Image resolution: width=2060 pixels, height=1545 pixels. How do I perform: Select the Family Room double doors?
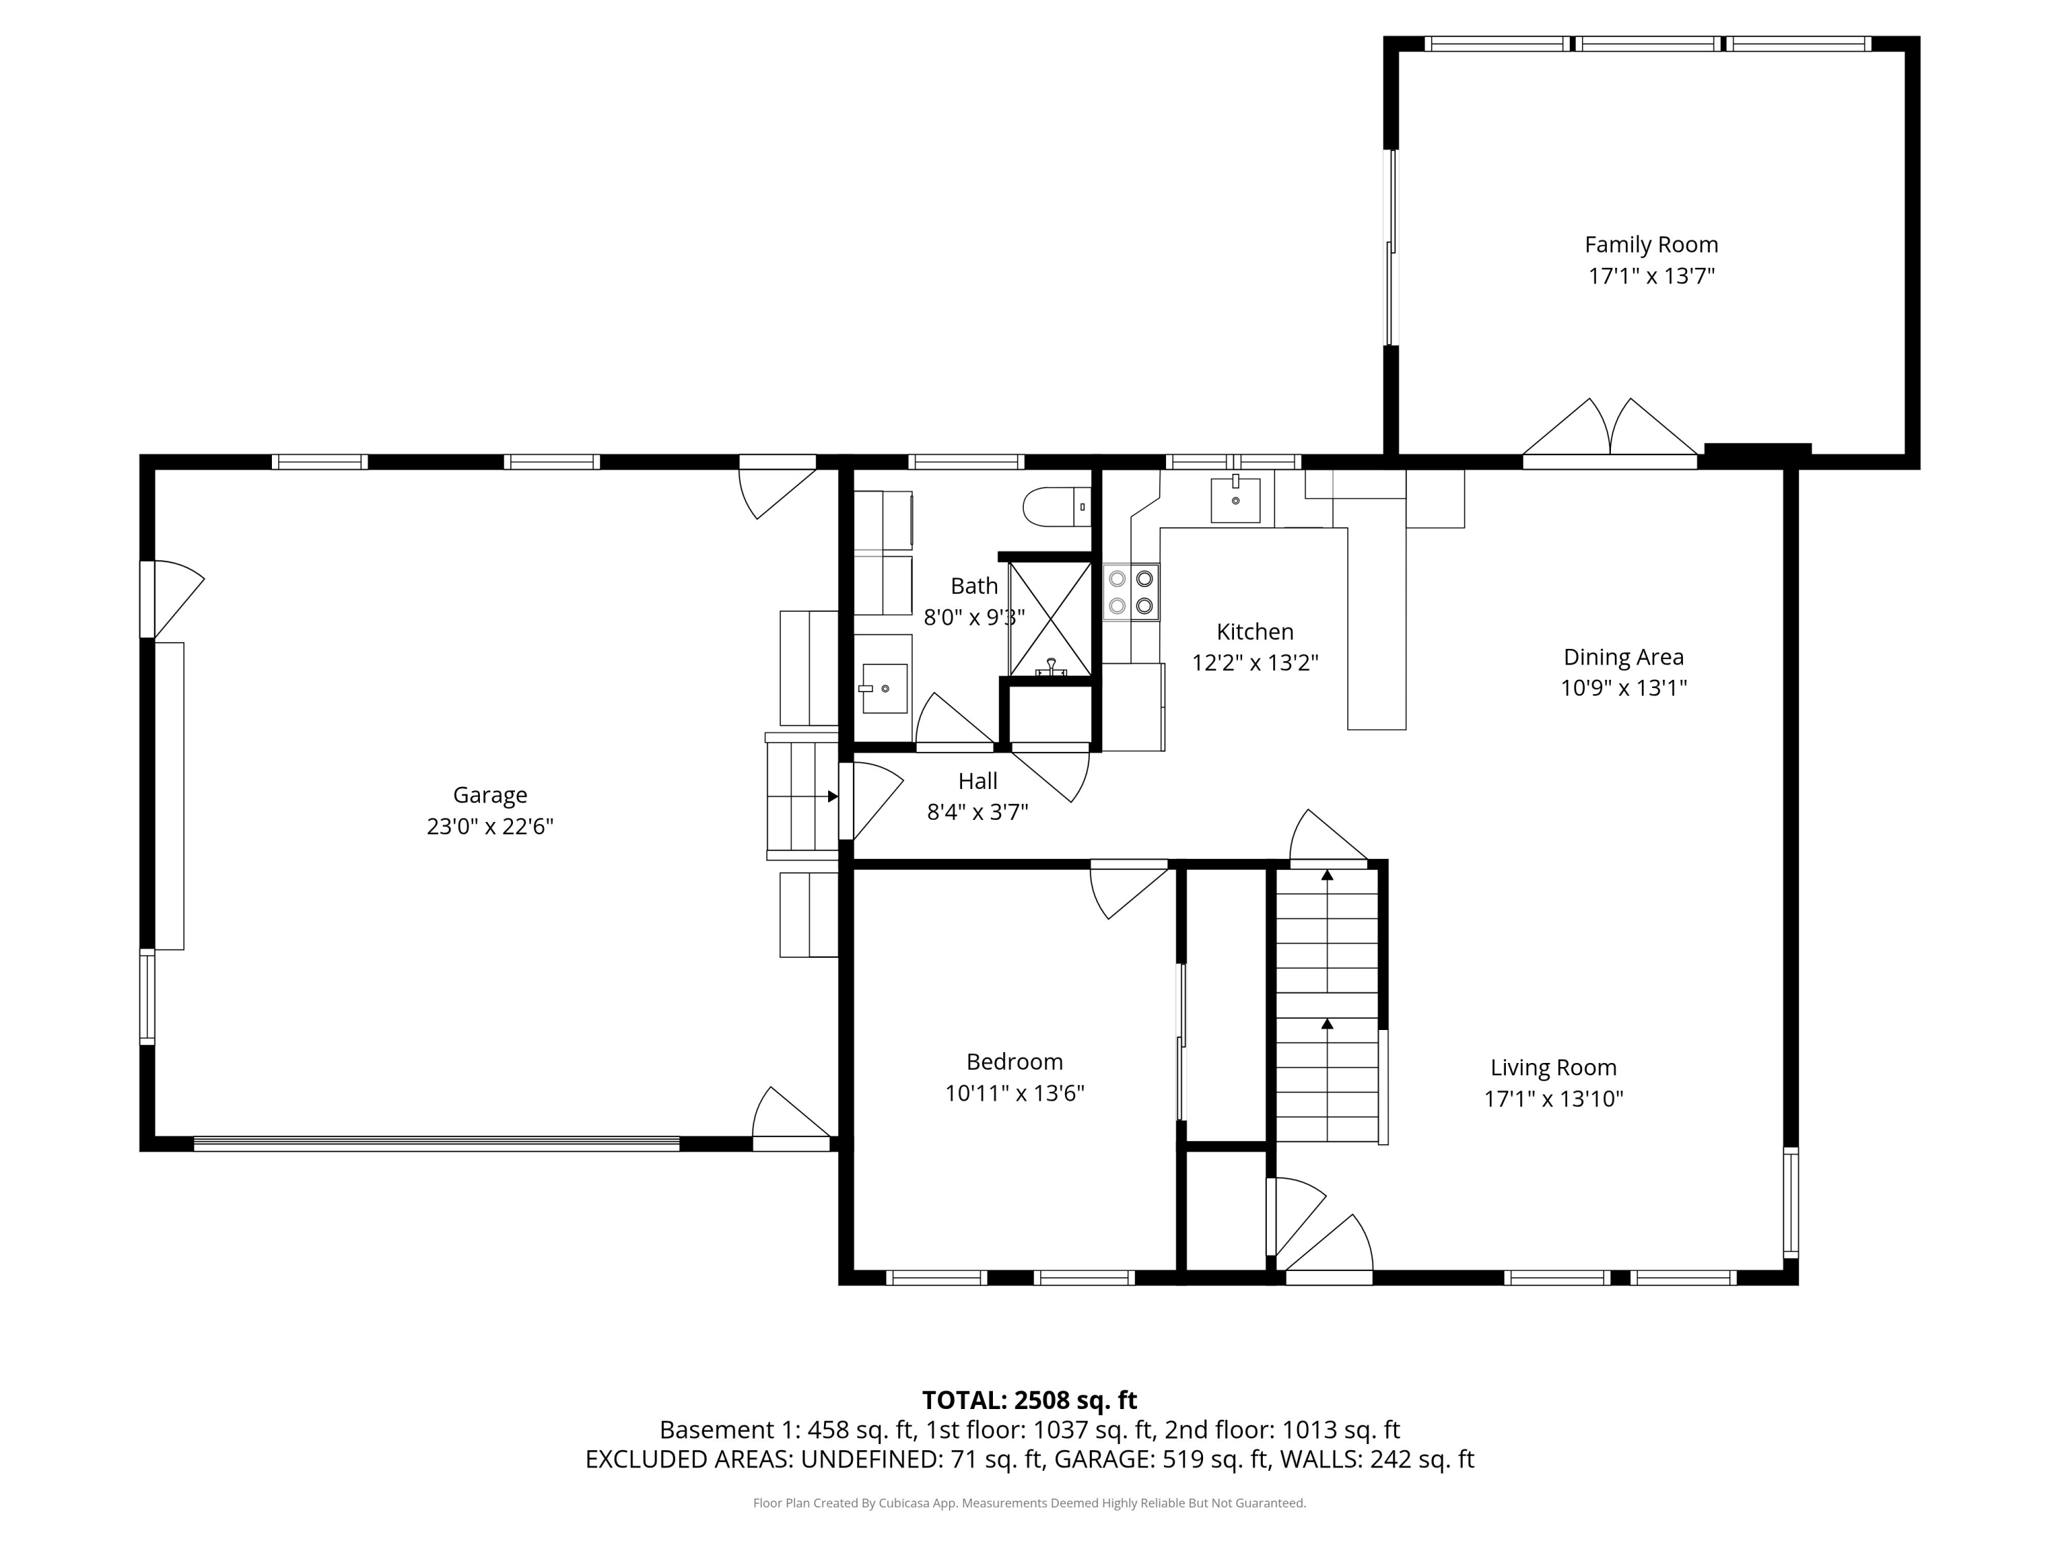pos(1610,433)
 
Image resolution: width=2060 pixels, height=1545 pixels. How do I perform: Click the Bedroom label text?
pos(1014,1062)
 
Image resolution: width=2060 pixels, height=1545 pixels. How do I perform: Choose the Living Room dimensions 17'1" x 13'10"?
pos(1553,1099)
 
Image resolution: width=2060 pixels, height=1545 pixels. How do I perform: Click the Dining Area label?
pos(1623,658)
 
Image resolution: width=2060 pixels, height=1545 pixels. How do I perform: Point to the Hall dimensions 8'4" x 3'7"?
pos(977,812)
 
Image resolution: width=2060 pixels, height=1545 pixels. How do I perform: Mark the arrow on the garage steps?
pos(832,797)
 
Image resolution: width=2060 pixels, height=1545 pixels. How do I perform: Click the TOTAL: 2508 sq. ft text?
pos(1029,1399)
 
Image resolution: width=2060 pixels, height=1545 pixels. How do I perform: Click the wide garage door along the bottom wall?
pos(436,1143)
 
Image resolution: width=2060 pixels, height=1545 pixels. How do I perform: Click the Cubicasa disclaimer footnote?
pos(1029,1503)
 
